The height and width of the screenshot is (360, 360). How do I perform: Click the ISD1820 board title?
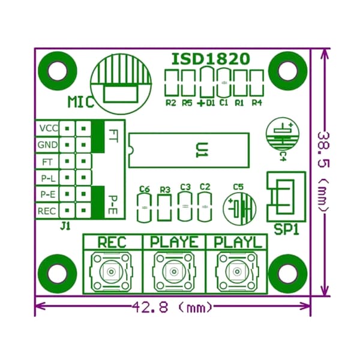coord(211,59)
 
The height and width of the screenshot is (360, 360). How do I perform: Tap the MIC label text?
coord(81,102)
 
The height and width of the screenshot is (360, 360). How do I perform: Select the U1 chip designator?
coord(202,150)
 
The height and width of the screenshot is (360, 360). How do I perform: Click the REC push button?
coord(112,272)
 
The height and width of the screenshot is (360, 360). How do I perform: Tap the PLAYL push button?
coord(237,272)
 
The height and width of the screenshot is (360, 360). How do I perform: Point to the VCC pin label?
coord(49,128)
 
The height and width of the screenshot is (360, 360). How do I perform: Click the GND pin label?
coord(48,145)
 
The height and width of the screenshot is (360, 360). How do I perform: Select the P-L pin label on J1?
coord(49,178)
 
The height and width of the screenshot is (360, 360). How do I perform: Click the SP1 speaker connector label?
coord(287,229)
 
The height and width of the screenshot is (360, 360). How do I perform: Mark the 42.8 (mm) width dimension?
coord(172,307)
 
